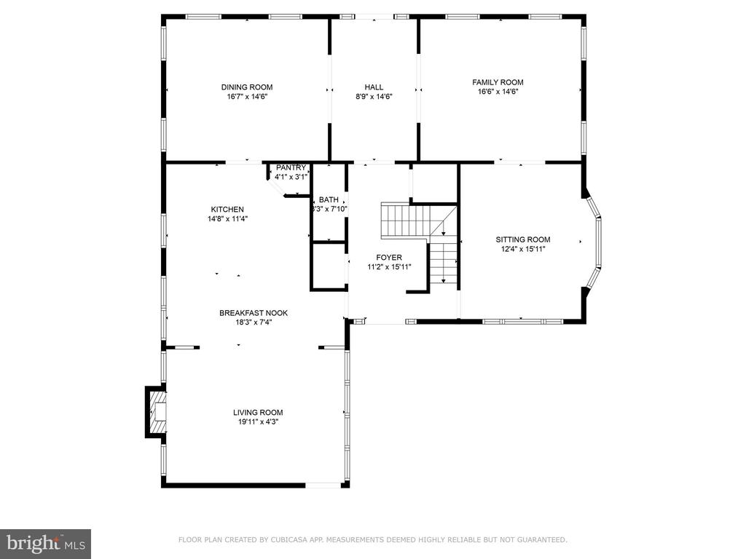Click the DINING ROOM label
pyautogui.click(x=247, y=87)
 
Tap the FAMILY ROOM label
pyautogui.click(x=498, y=82)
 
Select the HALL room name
pyautogui.click(x=374, y=87)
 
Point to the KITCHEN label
pyautogui.click(x=227, y=210)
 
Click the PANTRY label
pyautogui.click(x=291, y=168)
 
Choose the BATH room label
pyautogui.click(x=329, y=199)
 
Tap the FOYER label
pyautogui.click(x=389, y=258)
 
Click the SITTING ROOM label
pyautogui.click(x=523, y=239)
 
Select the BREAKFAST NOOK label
pyautogui.click(x=254, y=313)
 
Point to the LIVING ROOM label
pyautogui.click(x=258, y=413)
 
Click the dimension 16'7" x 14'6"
pyautogui.click(x=247, y=97)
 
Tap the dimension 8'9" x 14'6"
pyautogui.click(x=374, y=97)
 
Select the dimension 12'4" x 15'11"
pyautogui.click(x=523, y=249)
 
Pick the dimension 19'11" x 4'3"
pyautogui.click(x=258, y=422)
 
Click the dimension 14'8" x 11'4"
pyautogui.click(x=227, y=219)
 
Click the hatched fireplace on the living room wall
pyautogui.click(x=156, y=412)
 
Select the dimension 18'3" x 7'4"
pyautogui.click(x=254, y=322)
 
